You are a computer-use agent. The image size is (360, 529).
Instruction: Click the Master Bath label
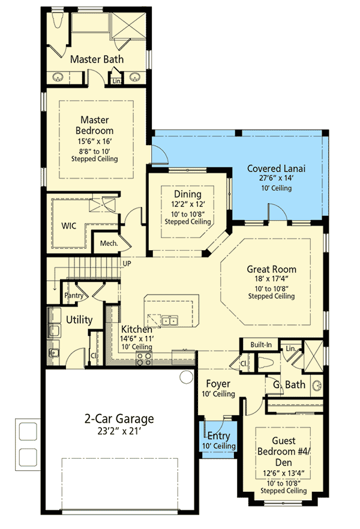pos(97,59)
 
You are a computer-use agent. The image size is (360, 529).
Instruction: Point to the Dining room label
pos(188,194)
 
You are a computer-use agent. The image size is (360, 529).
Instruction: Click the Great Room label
pos(271,269)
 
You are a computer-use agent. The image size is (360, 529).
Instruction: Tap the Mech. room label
pos(108,244)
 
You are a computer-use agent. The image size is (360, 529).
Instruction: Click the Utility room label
pos(79,320)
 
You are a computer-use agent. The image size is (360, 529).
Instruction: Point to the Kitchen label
pos(137,329)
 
